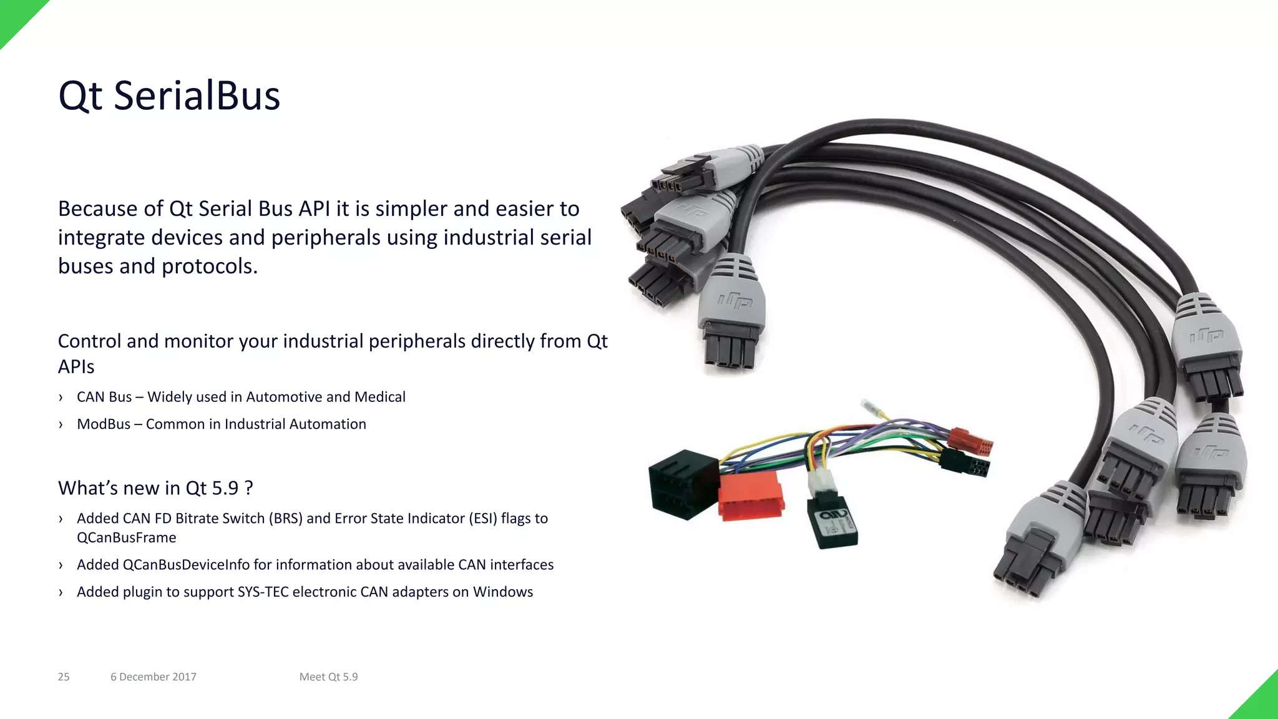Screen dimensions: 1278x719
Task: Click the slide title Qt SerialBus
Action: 169,97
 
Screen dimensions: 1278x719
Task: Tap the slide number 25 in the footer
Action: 64,677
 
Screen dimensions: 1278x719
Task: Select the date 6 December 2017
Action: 154,677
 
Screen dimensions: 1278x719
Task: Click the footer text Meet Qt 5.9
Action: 328,677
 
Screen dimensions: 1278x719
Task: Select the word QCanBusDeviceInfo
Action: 186,565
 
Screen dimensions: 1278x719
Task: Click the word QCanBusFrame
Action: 127,538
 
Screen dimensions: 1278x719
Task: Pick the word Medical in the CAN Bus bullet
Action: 380,397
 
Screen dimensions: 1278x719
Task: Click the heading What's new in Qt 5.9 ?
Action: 155,488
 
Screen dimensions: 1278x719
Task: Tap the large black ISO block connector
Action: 683,484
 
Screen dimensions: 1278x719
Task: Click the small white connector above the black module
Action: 820,482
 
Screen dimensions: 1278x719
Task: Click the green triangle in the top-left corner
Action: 15,15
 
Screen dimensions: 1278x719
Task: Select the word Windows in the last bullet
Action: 503,592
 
